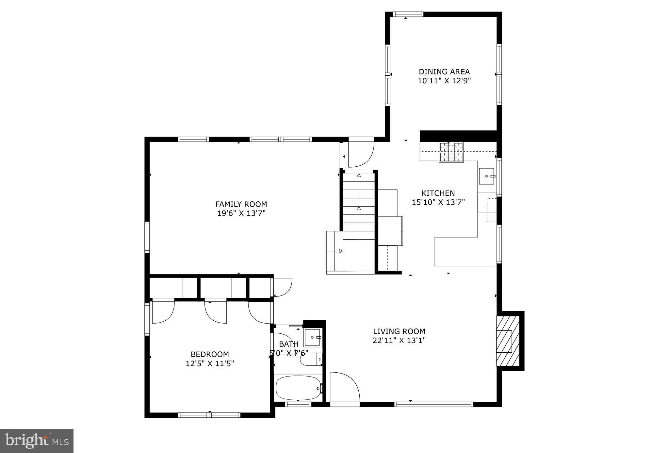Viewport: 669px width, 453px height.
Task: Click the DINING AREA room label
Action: [444, 72]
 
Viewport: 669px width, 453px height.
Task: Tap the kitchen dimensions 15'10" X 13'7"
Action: [438, 202]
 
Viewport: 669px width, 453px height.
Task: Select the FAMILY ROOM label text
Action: [241, 204]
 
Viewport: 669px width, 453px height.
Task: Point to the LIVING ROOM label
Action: [399, 331]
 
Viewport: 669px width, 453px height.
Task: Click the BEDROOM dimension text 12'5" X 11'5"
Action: [210, 363]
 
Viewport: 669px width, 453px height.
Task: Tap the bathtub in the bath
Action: [298, 388]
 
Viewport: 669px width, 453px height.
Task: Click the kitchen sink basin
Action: [486, 176]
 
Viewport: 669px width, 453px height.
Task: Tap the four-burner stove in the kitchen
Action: [451, 152]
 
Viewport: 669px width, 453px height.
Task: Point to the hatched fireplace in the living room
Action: [508, 341]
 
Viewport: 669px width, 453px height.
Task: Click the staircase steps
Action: [359, 206]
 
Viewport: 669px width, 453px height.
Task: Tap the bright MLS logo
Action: [37, 441]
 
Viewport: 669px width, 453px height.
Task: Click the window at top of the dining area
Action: [407, 14]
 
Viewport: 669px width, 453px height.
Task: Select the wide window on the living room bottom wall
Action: [434, 404]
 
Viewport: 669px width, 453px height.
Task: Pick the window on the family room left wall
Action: [147, 237]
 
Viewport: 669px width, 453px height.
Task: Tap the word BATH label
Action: [289, 344]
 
